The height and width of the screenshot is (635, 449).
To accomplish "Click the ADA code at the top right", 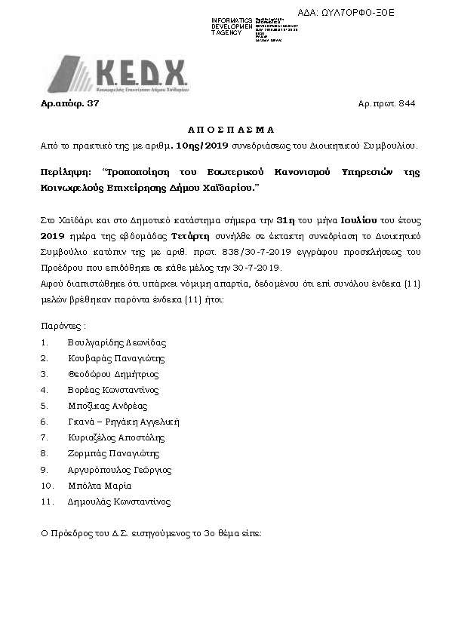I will pos(356,14).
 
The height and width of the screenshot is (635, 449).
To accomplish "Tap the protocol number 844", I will pos(407,103).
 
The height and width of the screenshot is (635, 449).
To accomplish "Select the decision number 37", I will pos(93,103).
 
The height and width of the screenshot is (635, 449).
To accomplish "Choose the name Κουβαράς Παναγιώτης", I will pos(115,358).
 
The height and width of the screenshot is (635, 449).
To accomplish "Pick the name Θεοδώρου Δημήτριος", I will pos(112,374).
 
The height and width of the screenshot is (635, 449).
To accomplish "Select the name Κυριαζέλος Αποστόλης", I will pos(115,437).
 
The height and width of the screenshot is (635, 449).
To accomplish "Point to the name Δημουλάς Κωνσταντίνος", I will pos(118,502).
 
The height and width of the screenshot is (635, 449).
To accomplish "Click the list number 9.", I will pos(44,470).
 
